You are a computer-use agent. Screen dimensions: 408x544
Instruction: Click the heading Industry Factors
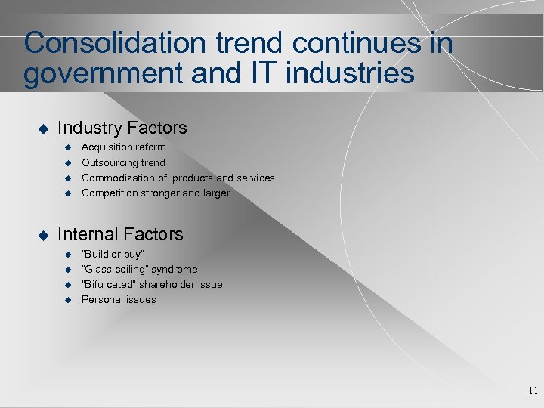(x=122, y=128)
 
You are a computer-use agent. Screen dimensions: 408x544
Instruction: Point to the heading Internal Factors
(x=120, y=234)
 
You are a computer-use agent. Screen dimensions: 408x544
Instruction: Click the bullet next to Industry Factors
(x=42, y=129)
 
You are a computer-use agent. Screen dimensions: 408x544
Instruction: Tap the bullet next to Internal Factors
(x=42, y=235)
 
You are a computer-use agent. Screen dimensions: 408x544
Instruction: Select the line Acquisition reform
(x=123, y=147)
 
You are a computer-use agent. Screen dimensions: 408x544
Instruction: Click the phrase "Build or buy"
(x=113, y=254)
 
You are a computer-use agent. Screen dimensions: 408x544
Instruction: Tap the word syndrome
(x=175, y=269)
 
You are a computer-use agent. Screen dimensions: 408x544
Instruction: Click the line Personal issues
(x=119, y=299)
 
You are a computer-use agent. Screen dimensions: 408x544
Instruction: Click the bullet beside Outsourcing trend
(x=66, y=163)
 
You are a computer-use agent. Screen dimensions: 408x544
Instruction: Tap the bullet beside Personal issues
(x=66, y=300)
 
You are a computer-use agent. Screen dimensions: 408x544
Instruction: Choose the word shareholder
(x=170, y=284)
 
